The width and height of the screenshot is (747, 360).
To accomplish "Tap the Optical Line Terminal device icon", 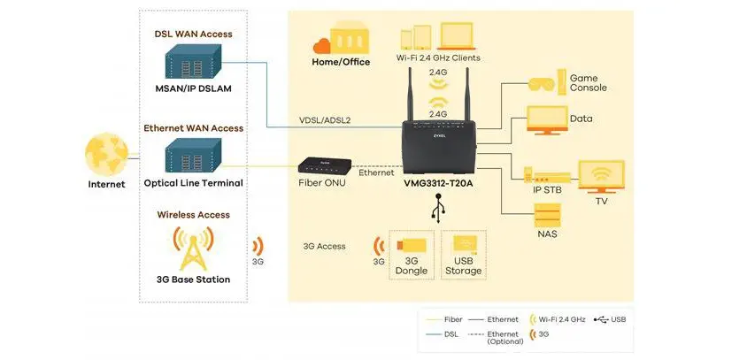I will [192, 157].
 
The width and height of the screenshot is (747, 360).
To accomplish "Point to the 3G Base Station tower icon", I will [192, 247].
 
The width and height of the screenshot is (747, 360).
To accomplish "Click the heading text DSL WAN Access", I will [192, 34].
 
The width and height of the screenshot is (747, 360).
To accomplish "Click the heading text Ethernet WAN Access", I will [193, 128].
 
